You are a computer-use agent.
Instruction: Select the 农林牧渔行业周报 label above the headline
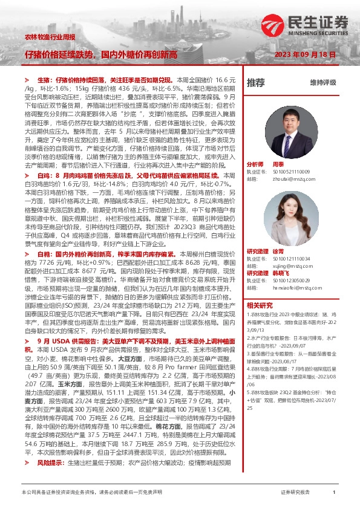pyautogui.click(x=50, y=37)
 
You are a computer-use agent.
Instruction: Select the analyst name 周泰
pyautogui.click(x=278, y=164)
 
